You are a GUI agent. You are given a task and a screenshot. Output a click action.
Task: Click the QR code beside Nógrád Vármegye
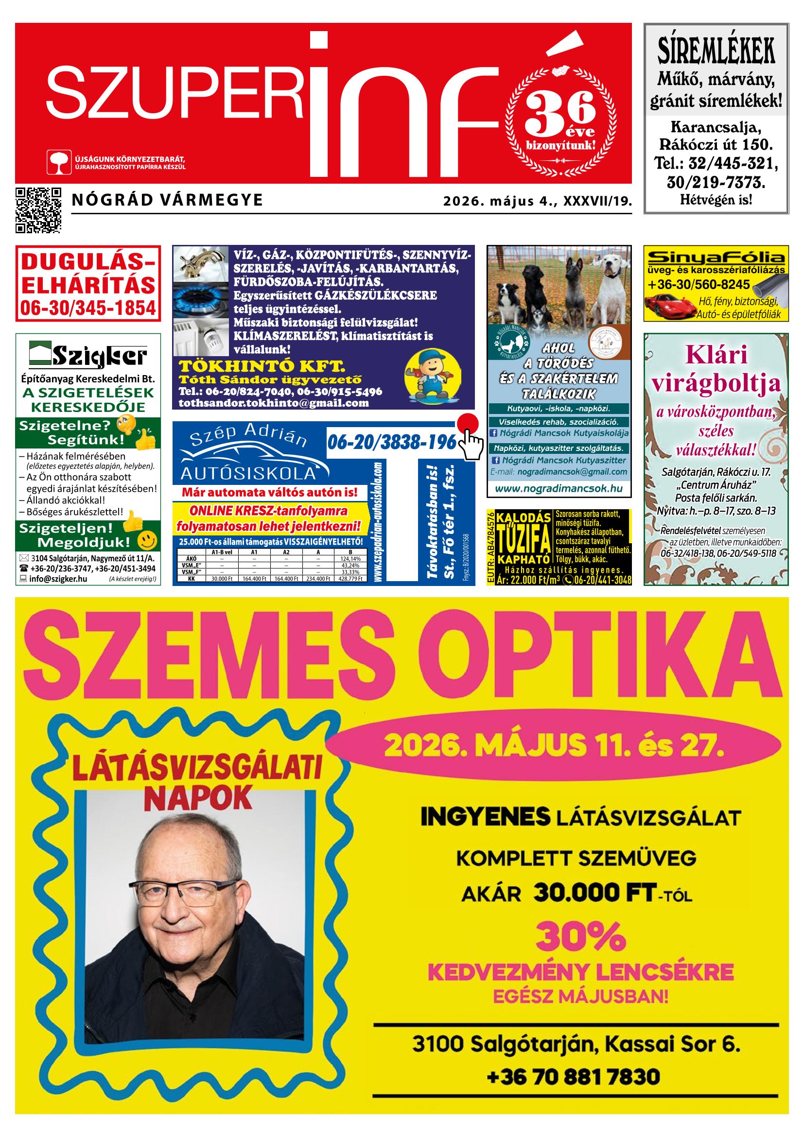(x=38, y=210)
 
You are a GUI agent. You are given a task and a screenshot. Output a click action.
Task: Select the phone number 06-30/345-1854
(x=87, y=308)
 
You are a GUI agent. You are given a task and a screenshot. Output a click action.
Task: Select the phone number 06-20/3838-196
(x=391, y=442)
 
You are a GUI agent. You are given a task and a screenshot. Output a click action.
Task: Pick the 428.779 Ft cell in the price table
(x=351, y=578)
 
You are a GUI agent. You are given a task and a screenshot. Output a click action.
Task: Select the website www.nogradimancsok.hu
(x=559, y=489)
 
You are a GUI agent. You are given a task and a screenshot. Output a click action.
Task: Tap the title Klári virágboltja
(x=716, y=369)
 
